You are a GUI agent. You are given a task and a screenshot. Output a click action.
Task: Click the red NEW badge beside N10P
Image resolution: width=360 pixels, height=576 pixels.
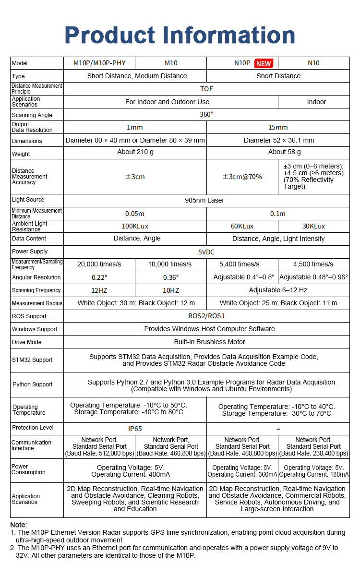click(264, 63)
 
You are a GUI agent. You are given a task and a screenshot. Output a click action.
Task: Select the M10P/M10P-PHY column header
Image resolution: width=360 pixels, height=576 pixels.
click(99, 63)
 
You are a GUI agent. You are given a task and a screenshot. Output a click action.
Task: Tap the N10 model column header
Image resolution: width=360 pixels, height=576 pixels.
click(313, 63)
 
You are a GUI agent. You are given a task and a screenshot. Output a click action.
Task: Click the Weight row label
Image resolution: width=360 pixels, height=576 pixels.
click(21, 154)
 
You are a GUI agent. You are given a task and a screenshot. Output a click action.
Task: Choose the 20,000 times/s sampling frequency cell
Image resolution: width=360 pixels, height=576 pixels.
click(99, 264)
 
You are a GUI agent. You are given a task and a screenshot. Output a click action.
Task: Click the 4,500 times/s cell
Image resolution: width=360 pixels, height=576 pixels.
click(313, 264)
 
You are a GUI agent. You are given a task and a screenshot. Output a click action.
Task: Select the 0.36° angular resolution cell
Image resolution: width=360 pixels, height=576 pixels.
click(171, 277)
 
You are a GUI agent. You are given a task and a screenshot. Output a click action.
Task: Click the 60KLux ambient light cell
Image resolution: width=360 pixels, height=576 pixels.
click(242, 226)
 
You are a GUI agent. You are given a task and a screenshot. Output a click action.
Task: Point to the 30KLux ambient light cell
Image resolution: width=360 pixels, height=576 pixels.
click(313, 226)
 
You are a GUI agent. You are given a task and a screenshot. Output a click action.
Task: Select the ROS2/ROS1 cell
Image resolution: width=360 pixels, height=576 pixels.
click(206, 316)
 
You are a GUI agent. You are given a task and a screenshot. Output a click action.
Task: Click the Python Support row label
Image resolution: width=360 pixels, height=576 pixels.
click(33, 384)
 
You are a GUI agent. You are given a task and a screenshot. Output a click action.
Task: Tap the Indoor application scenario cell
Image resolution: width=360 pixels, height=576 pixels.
click(316, 102)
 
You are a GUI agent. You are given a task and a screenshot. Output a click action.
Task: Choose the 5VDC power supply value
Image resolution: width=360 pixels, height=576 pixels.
click(206, 252)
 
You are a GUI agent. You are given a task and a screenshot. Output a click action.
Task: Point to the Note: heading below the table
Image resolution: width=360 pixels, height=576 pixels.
click(19, 525)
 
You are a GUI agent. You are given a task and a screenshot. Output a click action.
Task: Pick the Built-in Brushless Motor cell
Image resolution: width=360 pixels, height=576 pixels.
click(209, 342)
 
